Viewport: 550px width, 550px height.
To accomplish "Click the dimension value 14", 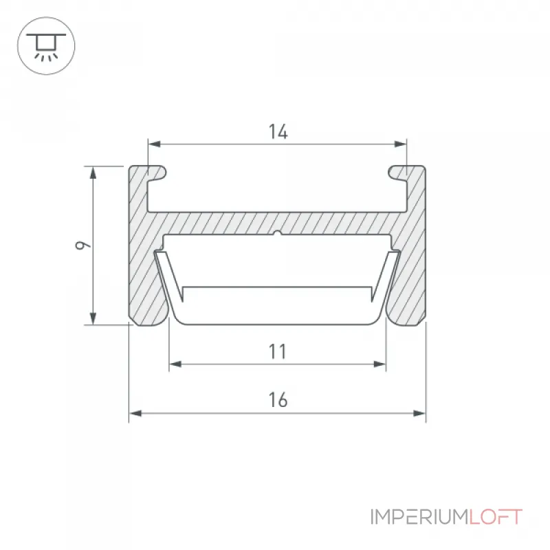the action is (x=278, y=131).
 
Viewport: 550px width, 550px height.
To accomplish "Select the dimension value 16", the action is (x=278, y=400).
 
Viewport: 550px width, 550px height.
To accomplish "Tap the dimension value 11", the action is (x=278, y=351).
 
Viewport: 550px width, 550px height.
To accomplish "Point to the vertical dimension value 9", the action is (x=83, y=245).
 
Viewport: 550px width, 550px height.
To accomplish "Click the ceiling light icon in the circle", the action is (x=46, y=46).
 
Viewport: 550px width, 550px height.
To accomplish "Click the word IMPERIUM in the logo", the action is (x=419, y=517).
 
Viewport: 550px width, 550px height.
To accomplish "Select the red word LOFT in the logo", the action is (x=496, y=517).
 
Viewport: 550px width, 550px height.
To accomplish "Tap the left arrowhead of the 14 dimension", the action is (x=154, y=144).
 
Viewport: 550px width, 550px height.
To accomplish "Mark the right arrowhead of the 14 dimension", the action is (x=400, y=144).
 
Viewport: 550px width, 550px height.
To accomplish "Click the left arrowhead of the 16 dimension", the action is (x=135, y=413).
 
